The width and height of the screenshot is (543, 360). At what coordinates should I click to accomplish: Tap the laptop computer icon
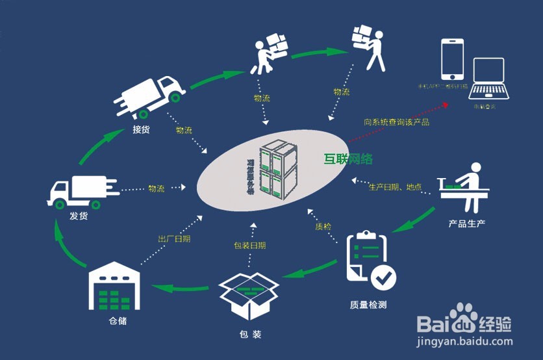(x=488, y=80)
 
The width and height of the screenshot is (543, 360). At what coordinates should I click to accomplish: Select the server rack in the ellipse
(x=278, y=169)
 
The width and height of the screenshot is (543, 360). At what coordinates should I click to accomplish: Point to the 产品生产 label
(x=467, y=224)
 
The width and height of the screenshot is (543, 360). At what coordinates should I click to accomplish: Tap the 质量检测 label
(x=368, y=304)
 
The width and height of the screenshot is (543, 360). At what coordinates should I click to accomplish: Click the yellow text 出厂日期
(x=174, y=238)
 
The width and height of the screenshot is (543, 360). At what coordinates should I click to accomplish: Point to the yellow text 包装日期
(x=249, y=246)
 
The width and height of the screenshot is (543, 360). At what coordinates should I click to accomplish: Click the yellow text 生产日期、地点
(x=395, y=187)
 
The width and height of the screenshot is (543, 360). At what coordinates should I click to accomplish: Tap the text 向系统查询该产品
(x=396, y=121)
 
